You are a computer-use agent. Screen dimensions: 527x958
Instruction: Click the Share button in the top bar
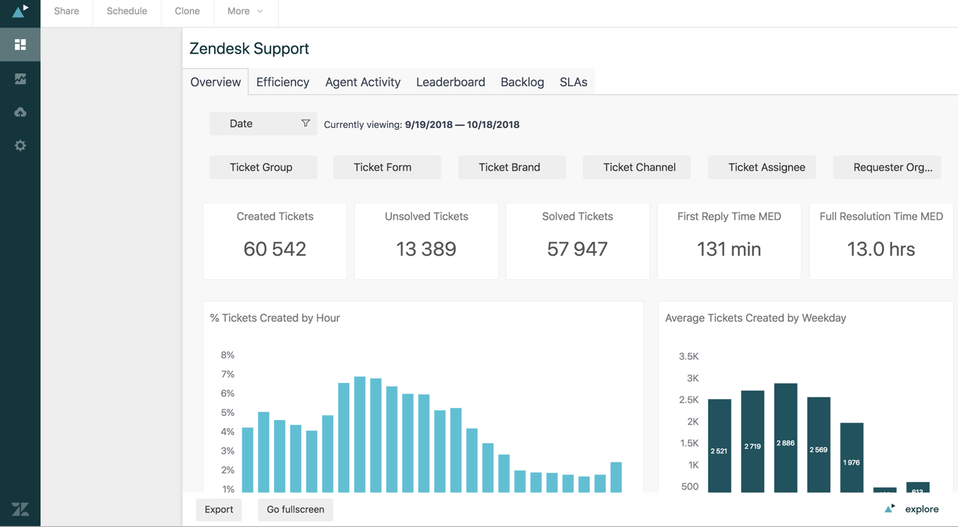67,11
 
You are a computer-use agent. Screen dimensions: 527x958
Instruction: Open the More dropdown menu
245,11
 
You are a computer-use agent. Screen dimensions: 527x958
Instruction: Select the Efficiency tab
283,82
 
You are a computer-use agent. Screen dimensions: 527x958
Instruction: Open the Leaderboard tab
450,82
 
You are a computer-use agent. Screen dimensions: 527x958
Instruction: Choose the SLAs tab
574,82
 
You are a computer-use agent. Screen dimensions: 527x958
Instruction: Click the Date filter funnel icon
305,123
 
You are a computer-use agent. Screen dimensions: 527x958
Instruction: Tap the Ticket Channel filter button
639,167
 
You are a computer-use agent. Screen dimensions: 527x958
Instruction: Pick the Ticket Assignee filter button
766,167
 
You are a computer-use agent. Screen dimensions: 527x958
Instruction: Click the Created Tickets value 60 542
275,249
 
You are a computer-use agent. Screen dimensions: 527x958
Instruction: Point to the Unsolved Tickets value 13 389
426,249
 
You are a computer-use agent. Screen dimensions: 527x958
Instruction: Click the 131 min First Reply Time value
729,249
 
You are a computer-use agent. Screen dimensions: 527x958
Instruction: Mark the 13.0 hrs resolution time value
881,249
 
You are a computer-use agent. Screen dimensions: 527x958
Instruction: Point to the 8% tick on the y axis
228,355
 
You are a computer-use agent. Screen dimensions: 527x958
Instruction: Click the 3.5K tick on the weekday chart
689,357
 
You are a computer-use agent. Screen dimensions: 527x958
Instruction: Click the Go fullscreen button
296,510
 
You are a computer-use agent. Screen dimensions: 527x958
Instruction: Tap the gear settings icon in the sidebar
20,145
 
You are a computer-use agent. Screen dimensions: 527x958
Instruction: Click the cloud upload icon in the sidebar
20,112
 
